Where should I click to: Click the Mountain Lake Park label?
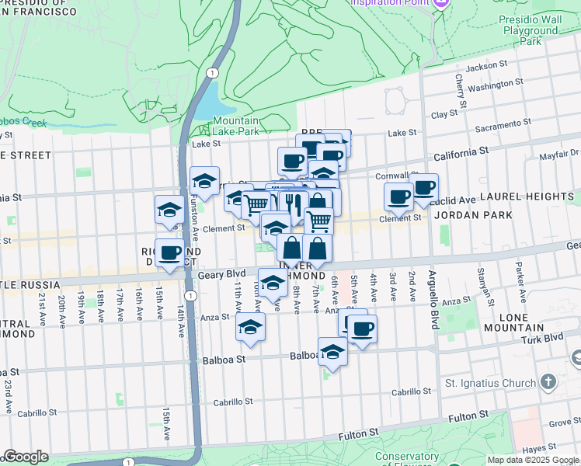(x=235, y=127)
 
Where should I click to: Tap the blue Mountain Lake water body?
(x=207, y=100)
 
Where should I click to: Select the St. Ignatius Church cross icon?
(x=548, y=382)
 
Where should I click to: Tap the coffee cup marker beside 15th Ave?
(x=170, y=253)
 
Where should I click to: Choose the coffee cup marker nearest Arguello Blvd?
(x=424, y=187)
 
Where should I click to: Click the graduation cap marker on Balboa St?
(x=332, y=351)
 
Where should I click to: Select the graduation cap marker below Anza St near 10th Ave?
(x=251, y=326)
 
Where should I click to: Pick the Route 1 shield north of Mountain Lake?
(x=211, y=71)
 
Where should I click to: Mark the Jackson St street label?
(x=487, y=67)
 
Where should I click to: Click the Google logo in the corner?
(x=26, y=457)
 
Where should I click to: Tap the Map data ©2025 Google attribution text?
(x=533, y=460)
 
